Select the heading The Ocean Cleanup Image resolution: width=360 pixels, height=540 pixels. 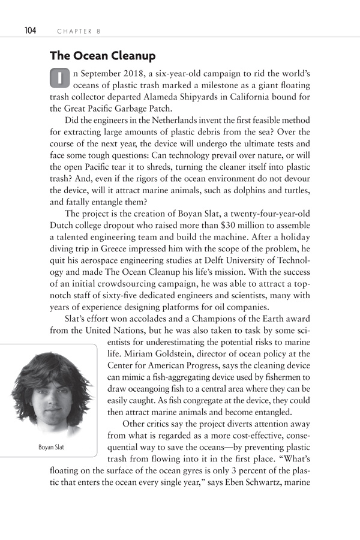tap(103, 56)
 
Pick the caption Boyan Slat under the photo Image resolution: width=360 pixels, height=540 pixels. tap(53, 446)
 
